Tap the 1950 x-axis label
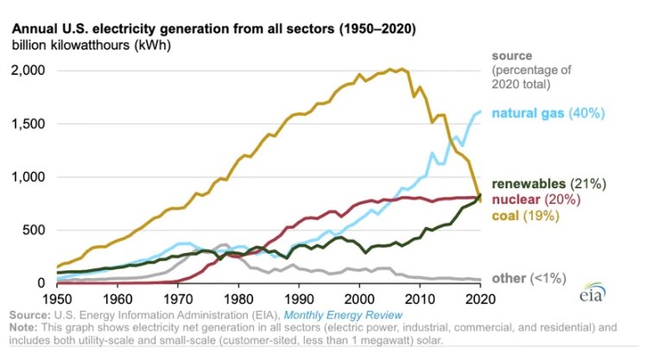coord(55,297)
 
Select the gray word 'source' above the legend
coord(512,56)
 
